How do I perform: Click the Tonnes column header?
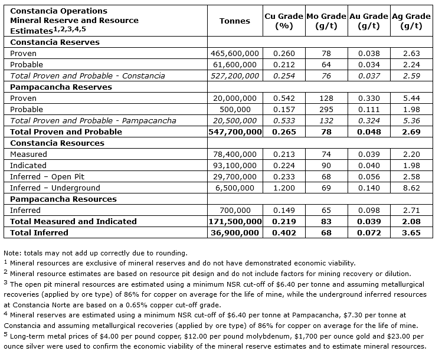(234, 21)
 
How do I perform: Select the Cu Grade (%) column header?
(283, 21)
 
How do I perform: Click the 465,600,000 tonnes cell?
(234, 54)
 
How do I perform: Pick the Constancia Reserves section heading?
(55, 42)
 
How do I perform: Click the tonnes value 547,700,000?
(234, 132)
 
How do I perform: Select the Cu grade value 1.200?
(283, 188)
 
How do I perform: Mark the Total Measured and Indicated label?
(73, 221)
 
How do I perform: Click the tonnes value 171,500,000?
(234, 221)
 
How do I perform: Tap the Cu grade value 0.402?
(283, 232)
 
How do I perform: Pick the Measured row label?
(28, 154)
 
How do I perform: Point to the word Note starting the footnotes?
(12, 253)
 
